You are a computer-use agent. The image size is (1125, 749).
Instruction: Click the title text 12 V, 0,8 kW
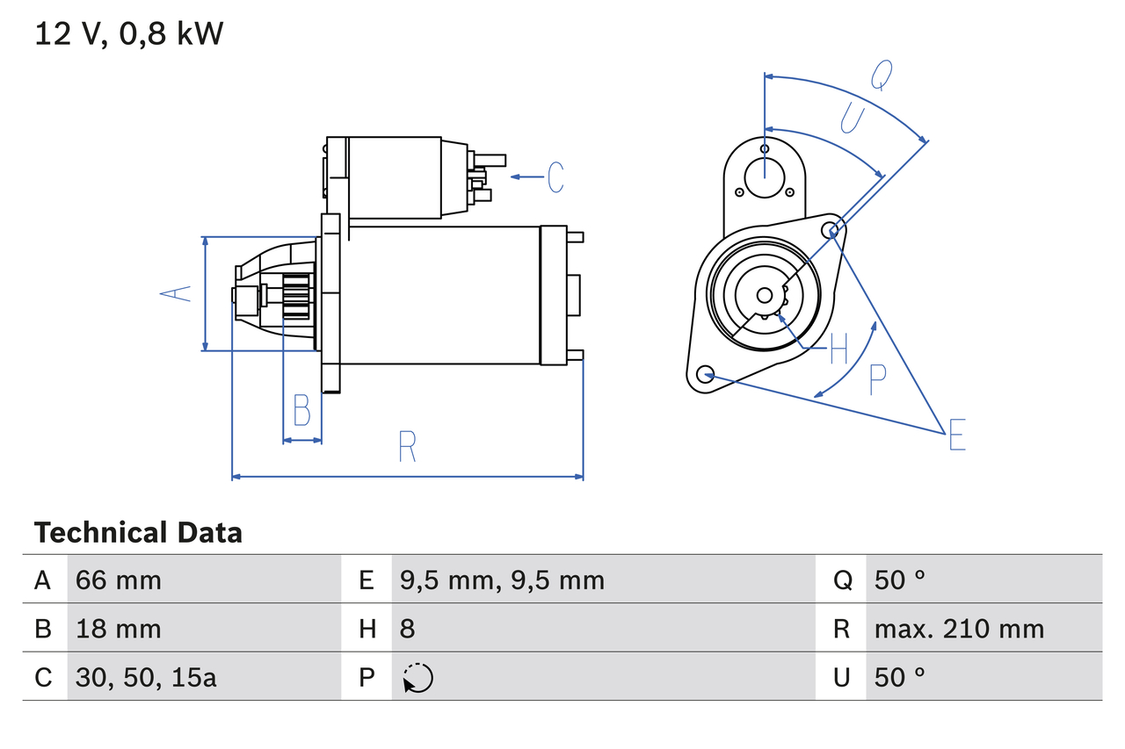pyautogui.click(x=129, y=34)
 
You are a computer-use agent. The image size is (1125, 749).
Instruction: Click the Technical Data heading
pyautogui.click(x=138, y=532)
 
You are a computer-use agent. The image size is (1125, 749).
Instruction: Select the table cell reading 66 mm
pyautogui.click(x=119, y=580)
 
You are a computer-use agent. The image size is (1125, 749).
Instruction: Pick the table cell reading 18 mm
pyautogui.click(x=119, y=629)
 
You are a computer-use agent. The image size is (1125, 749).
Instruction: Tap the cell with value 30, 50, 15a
pyautogui.click(x=146, y=677)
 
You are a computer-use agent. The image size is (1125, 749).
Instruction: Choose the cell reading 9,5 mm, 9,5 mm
pyautogui.click(x=502, y=580)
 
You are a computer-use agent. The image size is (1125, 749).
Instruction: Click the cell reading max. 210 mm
pyautogui.click(x=959, y=629)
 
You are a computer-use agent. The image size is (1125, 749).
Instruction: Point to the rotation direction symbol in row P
pyautogui.click(x=417, y=678)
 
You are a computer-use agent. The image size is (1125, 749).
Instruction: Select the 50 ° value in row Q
pyautogui.click(x=900, y=580)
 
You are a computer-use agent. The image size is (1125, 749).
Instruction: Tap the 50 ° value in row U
pyautogui.click(x=900, y=677)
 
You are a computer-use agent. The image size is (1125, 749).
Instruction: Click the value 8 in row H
pyautogui.click(x=407, y=629)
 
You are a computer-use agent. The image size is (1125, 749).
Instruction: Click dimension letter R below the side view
pyautogui.click(x=406, y=447)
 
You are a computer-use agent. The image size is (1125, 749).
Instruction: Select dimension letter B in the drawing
pyautogui.click(x=301, y=410)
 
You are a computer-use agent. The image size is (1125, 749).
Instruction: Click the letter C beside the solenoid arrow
pyautogui.click(x=555, y=177)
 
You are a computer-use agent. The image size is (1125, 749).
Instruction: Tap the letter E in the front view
pyautogui.click(x=957, y=436)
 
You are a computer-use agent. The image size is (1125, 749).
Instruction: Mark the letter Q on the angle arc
pyautogui.click(x=882, y=76)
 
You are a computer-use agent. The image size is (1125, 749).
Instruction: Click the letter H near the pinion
pyautogui.click(x=838, y=349)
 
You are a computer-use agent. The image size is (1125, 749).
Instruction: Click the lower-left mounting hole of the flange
pyautogui.click(x=704, y=375)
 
